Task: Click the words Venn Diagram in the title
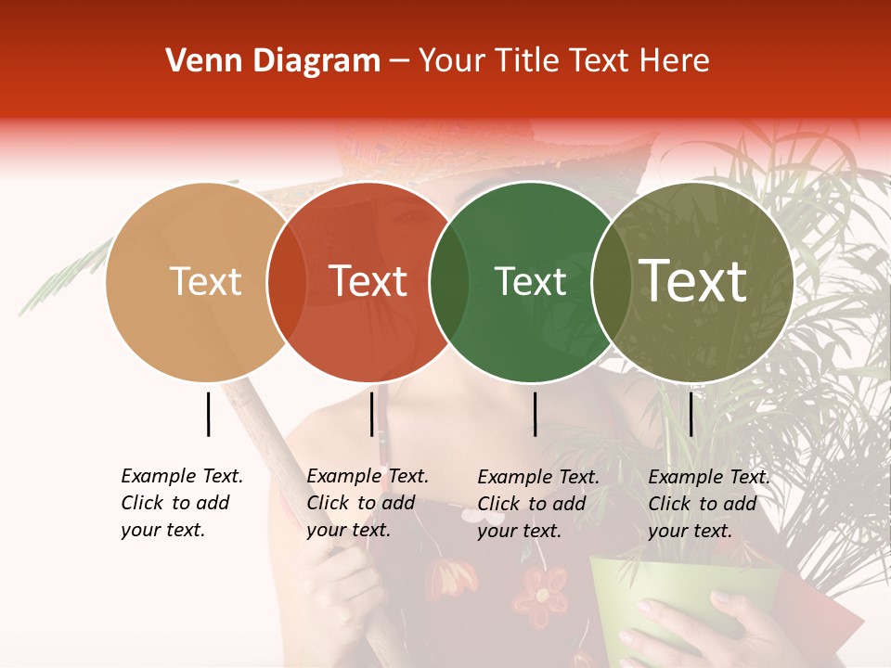(x=273, y=61)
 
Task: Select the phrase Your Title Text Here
(x=563, y=61)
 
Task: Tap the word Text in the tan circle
(x=206, y=282)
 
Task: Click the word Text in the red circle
(x=368, y=282)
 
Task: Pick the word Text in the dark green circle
(x=530, y=282)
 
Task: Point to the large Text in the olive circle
(x=693, y=281)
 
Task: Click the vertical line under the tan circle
(x=208, y=414)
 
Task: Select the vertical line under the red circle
(x=371, y=414)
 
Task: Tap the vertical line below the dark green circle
(x=535, y=414)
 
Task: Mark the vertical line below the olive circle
(x=691, y=414)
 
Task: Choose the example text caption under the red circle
(x=367, y=503)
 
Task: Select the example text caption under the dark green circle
(x=537, y=504)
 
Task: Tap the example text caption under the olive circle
(x=708, y=504)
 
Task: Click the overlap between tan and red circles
(x=287, y=282)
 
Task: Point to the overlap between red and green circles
(x=449, y=282)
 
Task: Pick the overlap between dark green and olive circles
(x=611, y=282)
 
